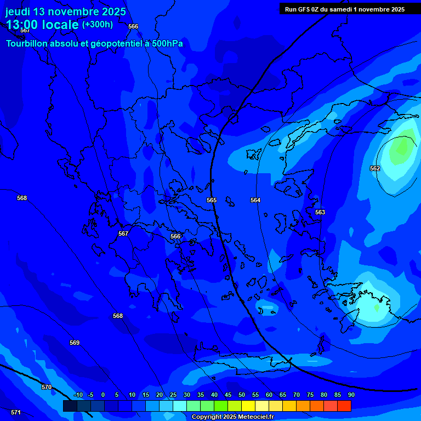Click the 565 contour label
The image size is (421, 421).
pyautogui.click(x=212, y=200)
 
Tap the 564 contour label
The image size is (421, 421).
pyautogui.click(x=255, y=200)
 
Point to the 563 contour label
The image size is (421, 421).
pyautogui.click(x=320, y=212)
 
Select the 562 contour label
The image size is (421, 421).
pyautogui.click(x=375, y=168)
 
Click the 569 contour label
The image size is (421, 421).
pyautogui.click(x=75, y=343)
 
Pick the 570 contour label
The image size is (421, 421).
pyautogui.click(x=47, y=387)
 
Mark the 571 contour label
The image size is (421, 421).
pyautogui.click(x=16, y=412)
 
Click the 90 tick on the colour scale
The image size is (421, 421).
pyautogui.click(x=351, y=395)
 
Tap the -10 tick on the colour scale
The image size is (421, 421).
pyautogui.click(x=78, y=395)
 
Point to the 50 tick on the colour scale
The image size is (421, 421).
pyautogui.click(x=242, y=395)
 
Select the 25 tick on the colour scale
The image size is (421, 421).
pyautogui.click(x=173, y=395)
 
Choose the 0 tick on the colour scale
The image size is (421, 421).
pyautogui.click(x=103, y=395)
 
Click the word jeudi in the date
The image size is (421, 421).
pyautogui.click(x=18, y=12)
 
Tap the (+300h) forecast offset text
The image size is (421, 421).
pyautogui.click(x=98, y=25)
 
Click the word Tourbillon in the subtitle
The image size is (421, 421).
pyautogui.click(x=28, y=44)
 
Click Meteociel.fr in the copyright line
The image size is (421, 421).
pyautogui.click(x=255, y=417)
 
